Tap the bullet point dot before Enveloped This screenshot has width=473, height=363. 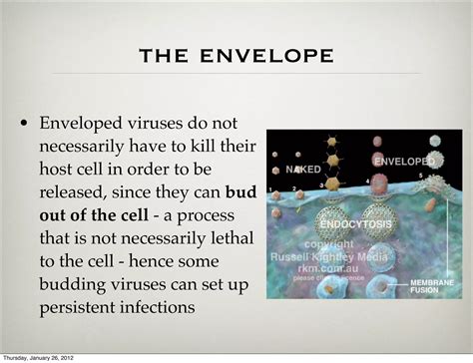23,125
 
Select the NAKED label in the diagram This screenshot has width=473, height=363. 303,170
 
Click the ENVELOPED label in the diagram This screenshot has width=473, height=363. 403,160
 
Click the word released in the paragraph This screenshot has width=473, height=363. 82,190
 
